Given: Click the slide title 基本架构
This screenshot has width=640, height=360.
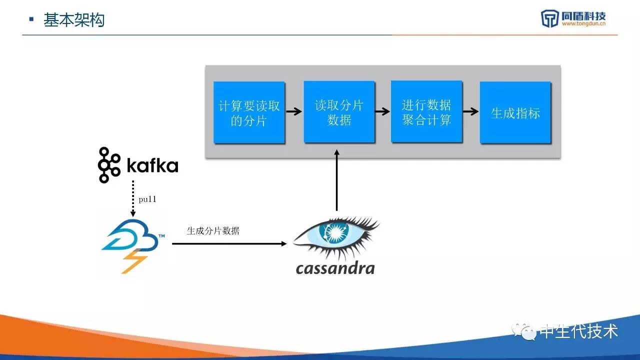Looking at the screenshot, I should tap(74, 20).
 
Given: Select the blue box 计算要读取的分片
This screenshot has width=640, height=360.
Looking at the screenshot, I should tap(249, 113).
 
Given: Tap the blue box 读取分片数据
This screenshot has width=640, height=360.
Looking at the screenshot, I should tap(339, 112).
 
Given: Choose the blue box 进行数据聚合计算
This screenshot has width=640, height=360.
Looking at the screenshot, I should tap(426, 112).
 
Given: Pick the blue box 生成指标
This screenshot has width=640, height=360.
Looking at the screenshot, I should tap(515, 113).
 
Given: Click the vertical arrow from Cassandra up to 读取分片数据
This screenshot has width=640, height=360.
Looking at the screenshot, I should tap(336, 180).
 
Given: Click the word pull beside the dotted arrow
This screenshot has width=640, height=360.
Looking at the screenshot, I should tap(147, 199).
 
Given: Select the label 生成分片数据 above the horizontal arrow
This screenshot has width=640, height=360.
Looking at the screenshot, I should tap(213, 230).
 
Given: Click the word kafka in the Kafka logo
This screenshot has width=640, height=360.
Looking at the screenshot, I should tap(152, 165).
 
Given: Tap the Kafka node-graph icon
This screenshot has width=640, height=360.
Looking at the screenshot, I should tap(108, 165).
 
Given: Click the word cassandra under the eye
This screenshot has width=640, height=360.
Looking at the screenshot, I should tap(335, 268).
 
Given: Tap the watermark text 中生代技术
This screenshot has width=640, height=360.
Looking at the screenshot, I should tap(578, 331).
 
